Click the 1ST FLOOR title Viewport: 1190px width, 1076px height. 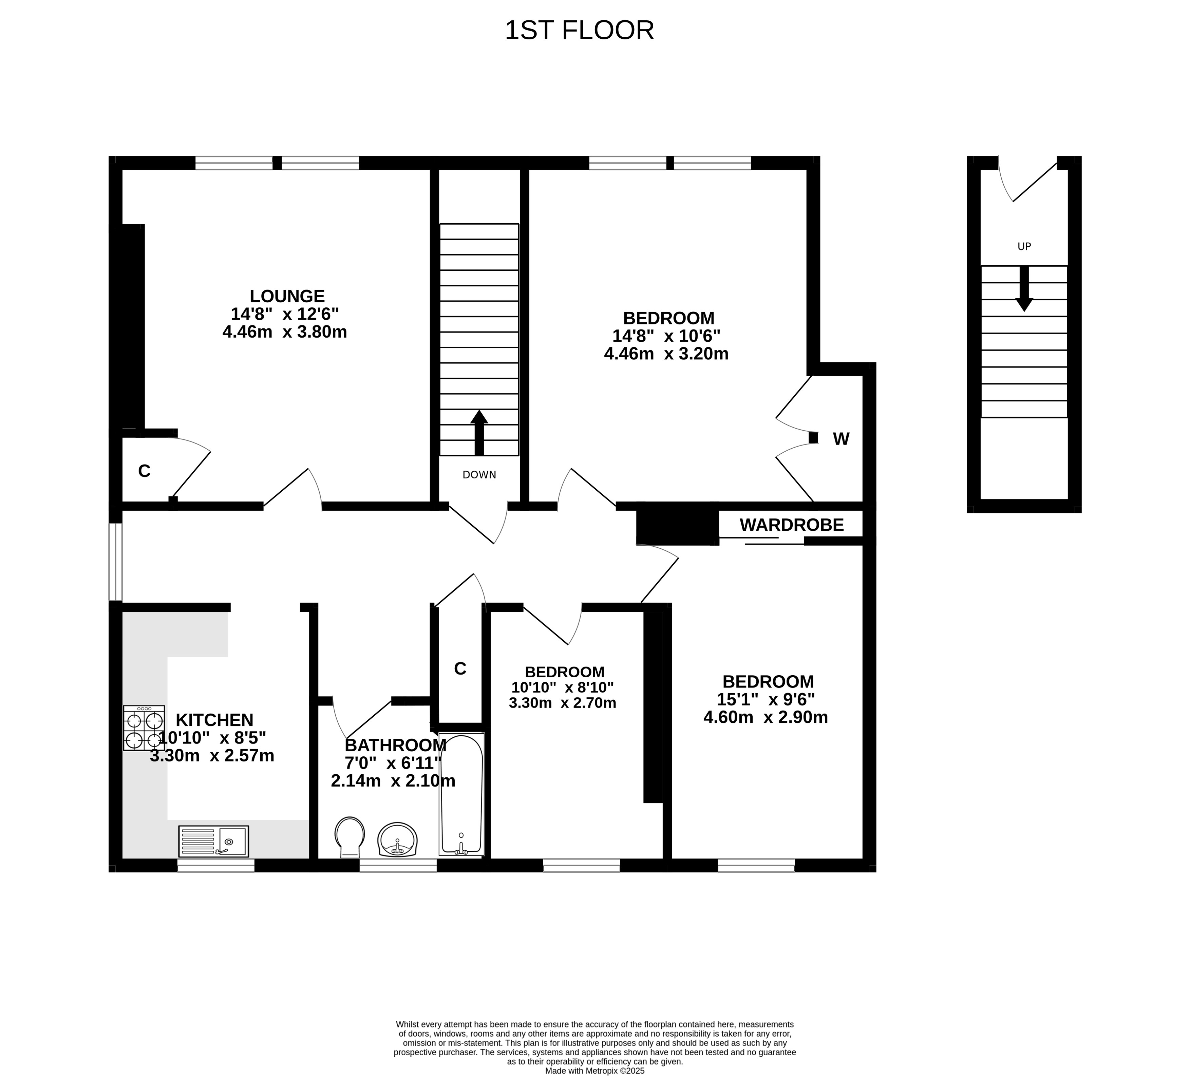point(579,30)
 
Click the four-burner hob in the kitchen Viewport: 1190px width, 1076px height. point(144,728)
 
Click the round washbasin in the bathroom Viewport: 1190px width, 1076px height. point(398,839)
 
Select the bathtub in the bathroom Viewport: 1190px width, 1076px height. point(461,794)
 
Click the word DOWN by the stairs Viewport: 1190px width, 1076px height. point(479,475)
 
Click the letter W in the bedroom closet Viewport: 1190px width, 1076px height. point(841,439)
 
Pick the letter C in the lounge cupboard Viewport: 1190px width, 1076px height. point(144,471)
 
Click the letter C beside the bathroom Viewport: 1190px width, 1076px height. point(460,669)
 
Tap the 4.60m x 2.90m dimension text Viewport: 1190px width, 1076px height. point(766,717)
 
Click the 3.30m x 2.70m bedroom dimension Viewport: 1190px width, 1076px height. point(563,703)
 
